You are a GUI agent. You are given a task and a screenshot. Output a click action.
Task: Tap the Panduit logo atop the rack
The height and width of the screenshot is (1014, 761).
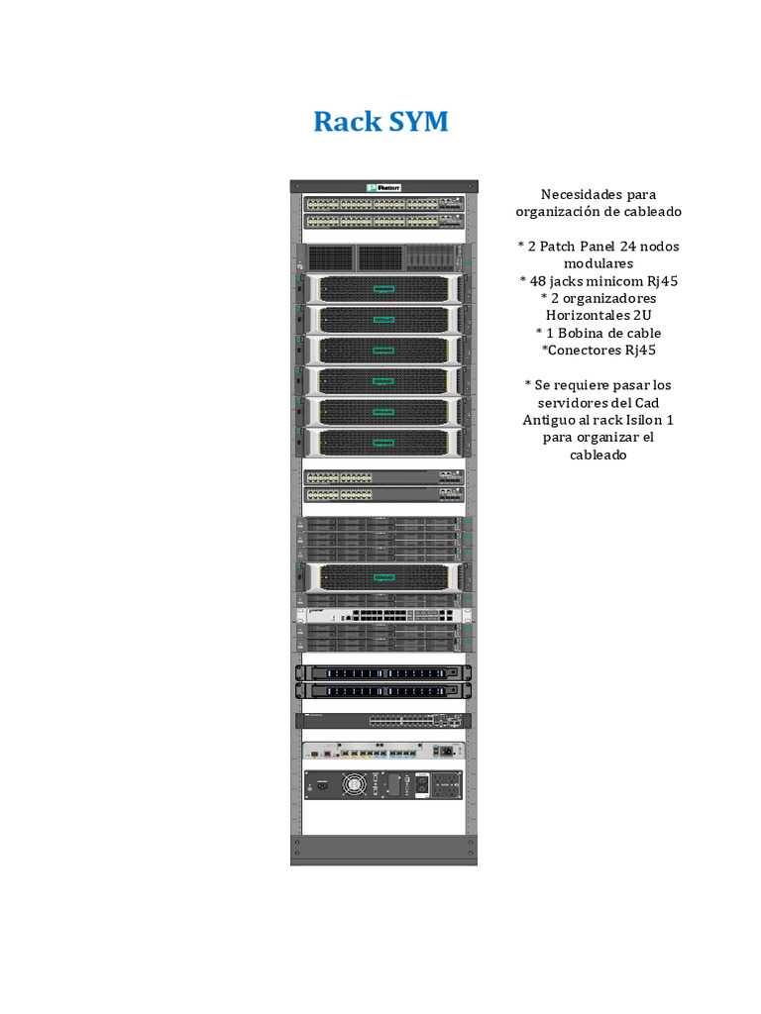(383, 186)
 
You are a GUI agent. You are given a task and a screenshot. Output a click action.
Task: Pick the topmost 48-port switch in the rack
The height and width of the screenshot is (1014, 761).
(383, 203)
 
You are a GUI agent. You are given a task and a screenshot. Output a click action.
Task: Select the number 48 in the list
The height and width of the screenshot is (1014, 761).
(539, 280)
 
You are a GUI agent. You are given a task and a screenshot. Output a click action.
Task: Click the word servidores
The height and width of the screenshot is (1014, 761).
(568, 402)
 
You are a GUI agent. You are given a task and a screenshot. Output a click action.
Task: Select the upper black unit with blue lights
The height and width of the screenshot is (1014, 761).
(383, 672)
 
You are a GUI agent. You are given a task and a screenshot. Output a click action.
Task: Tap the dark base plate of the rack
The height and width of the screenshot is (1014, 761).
(383, 851)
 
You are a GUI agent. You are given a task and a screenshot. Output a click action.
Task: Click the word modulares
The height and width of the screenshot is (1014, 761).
(598, 263)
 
